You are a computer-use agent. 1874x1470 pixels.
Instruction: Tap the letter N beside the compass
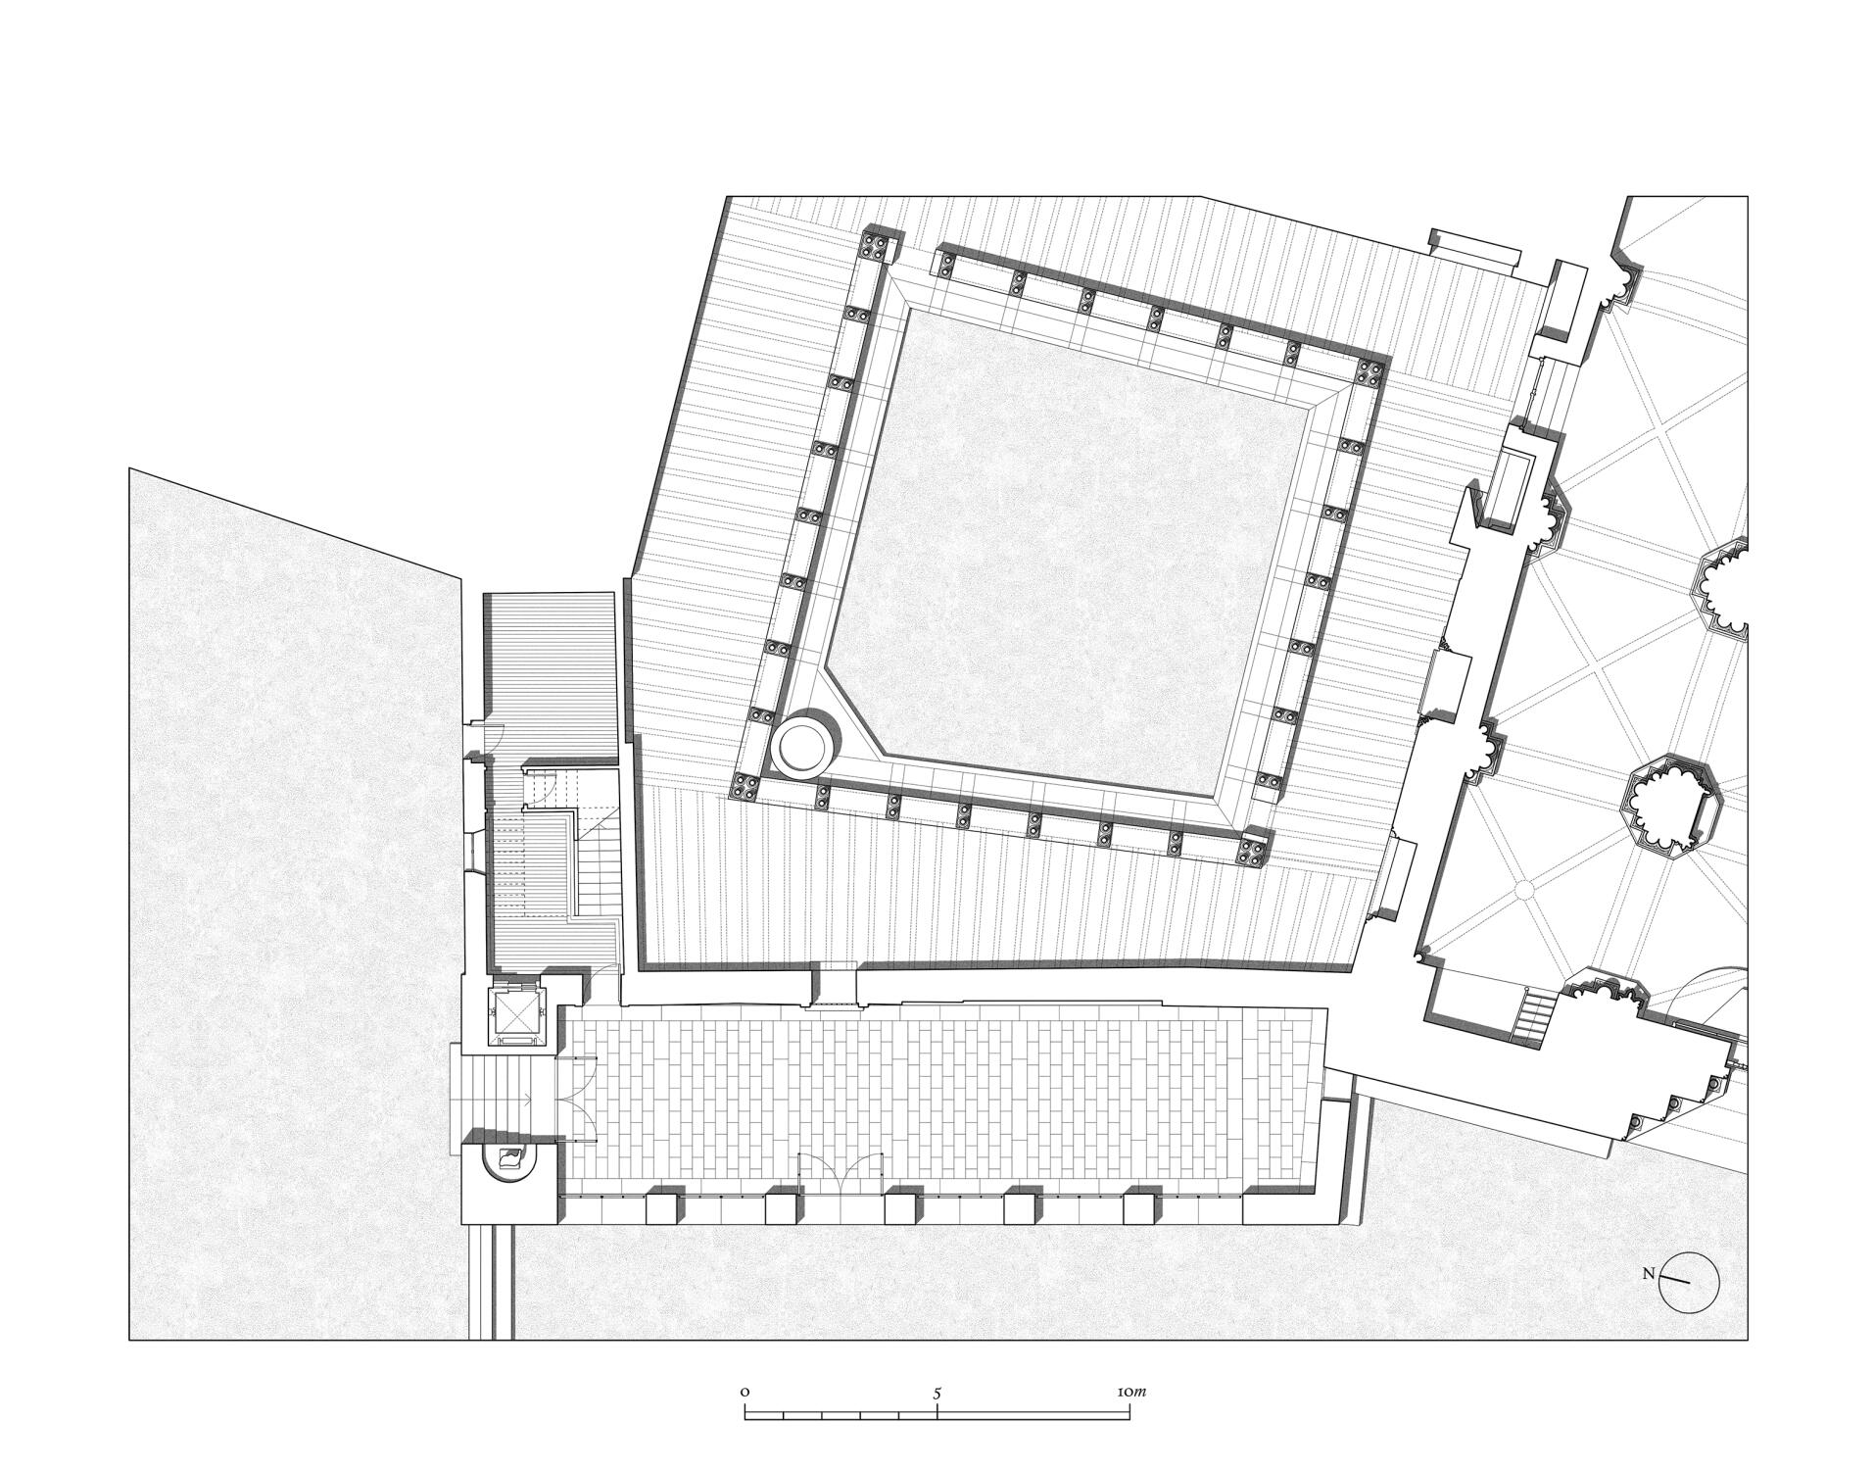1649,1274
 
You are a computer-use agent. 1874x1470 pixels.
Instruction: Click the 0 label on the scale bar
745,1392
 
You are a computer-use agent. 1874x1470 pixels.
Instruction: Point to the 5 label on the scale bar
937,1392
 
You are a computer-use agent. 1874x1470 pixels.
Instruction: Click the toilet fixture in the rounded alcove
510,1159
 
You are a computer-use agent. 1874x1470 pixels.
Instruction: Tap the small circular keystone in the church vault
1523,890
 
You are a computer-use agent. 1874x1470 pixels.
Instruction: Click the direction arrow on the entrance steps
526,1102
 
